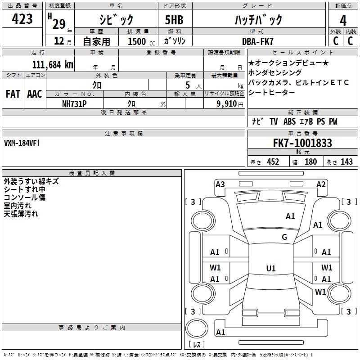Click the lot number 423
point(22,19)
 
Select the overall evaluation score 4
point(343,20)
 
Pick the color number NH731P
point(74,103)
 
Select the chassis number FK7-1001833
point(302,143)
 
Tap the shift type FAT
point(13,94)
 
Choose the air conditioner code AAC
point(35,94)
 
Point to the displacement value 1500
point(137,41)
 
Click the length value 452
point(273,162)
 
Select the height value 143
point(346,162)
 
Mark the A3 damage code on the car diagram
point(220,184)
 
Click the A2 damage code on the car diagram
point(321,184)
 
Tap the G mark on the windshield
point(284,237)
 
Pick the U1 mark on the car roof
point(270,269)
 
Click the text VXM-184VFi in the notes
point(22,143)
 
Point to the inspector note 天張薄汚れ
point(21,214)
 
